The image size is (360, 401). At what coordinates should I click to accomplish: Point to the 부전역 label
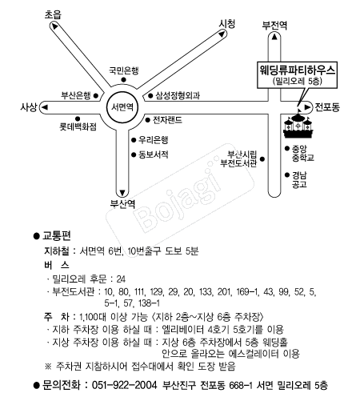pyautogui.click(x=274, y=24)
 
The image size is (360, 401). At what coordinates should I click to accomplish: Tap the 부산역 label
pyautogui.click(x=122, y=203)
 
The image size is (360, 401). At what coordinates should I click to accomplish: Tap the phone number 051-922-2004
pyautogui.click(x=111, y=384)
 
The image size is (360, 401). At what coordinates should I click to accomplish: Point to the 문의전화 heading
pyautogui.click(x=59, y=384)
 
